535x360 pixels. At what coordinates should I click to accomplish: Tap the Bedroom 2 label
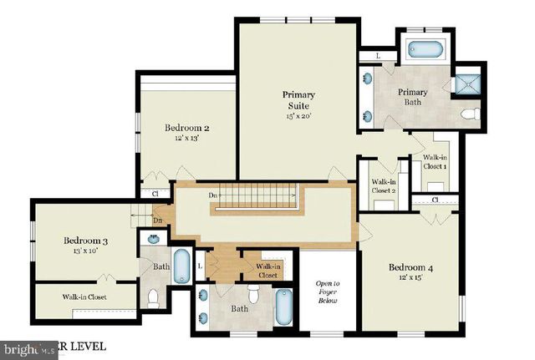click(186, 128)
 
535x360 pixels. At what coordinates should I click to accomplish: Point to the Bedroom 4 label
click(411, 267)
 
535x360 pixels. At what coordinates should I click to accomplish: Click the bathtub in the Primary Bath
click(427, 49)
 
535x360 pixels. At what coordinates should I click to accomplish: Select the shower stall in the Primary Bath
click(465, 83)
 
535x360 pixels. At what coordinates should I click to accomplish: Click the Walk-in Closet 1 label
click(435, 162)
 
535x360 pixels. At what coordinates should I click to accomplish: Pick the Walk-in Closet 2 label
click(384, 185)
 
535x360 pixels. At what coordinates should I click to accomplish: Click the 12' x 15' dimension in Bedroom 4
click(411, 280)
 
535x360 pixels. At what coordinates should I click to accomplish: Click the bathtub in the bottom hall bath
click(285, 309)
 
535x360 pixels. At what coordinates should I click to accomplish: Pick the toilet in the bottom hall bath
click(254, 293)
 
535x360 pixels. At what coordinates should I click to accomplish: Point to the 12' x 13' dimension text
click(186, 139)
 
